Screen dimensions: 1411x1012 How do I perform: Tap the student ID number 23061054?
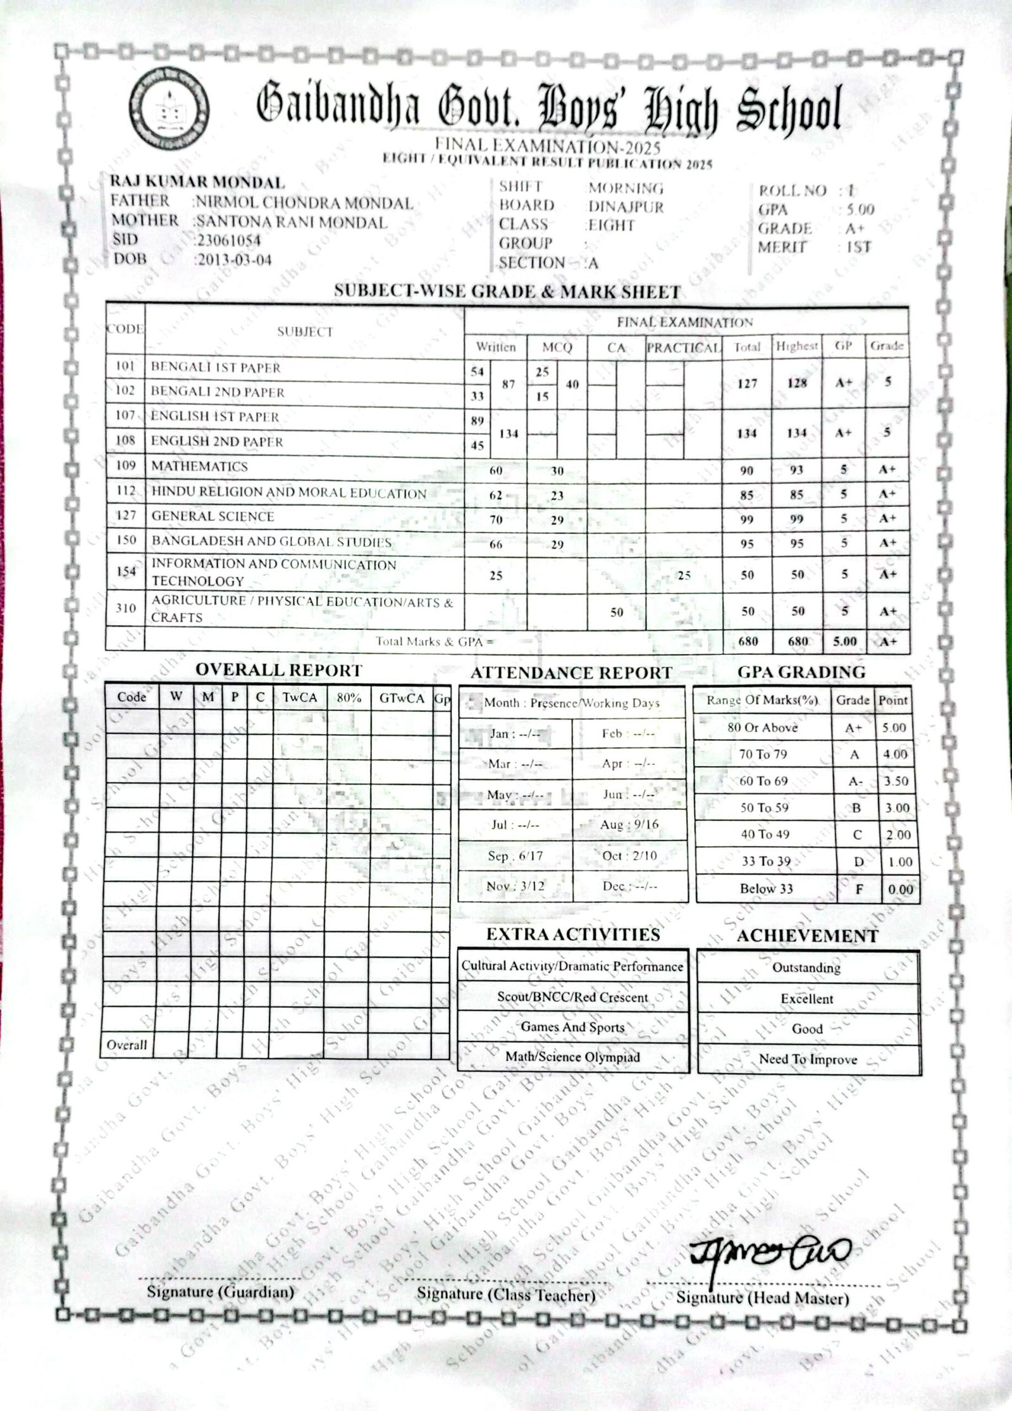[228, 240]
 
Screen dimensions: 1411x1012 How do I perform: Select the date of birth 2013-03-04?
[235, 260]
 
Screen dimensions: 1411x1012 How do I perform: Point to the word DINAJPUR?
[626, 207]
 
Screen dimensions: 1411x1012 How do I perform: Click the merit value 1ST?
[858, 247]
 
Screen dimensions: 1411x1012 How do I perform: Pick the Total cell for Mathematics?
[747, 470]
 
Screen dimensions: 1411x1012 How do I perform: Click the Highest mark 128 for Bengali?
[797, 383]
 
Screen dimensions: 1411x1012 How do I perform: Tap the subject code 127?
[126, 516]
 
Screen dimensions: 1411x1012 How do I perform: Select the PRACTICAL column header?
[683, 348]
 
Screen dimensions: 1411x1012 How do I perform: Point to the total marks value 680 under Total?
[748, 642]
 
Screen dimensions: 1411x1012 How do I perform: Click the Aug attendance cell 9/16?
[629, 825]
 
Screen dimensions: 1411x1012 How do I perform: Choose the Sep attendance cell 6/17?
[515, 856]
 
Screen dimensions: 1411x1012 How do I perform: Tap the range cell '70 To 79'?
[763, 754]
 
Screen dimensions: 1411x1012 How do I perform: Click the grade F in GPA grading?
[859, 889]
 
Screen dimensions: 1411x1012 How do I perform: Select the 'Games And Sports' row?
[572, 1027]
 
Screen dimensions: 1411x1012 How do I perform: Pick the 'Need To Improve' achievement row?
[808, 1059]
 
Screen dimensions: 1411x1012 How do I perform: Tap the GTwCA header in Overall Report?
[402, 699]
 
